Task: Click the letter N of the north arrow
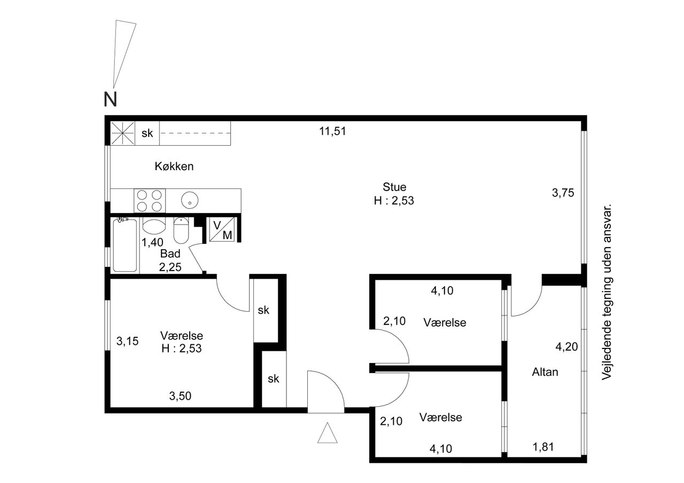(110, 99)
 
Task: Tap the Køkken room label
(174, 167)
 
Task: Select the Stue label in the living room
(394, 187)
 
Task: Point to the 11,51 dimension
(332, 131)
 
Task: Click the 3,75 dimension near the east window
(563, 193)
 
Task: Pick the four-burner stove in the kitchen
(150, 201)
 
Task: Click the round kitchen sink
(190, 200)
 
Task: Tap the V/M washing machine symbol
(222, 229)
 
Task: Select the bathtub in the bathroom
(125, 245)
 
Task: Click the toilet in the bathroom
(181, 231)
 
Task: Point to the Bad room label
(170, 254)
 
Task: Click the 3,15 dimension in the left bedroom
(127, 341)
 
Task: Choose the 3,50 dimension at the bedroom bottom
(180, 396)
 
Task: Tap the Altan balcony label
(545, 372)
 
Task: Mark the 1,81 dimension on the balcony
(543, 447)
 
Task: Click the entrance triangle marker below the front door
(328, 433)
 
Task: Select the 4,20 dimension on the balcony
(566, 347)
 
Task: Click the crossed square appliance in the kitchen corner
(122, 133)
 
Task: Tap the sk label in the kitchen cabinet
(147, 133)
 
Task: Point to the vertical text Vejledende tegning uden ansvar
(607, 292)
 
